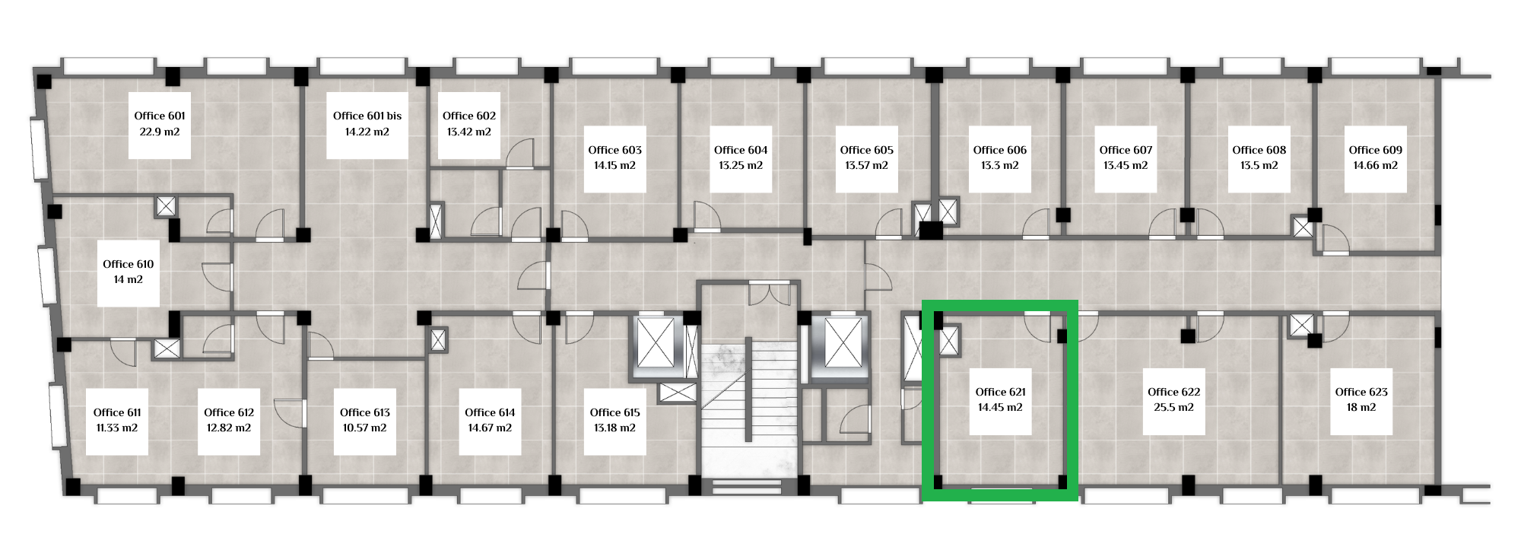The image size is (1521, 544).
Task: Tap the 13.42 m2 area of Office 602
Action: point(469,132)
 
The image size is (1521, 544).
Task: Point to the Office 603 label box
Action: point(614,158)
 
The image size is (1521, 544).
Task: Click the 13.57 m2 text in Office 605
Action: point(866,166)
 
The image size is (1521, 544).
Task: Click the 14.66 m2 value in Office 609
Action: point(1375,166)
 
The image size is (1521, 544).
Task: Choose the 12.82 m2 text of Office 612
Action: point(229,428)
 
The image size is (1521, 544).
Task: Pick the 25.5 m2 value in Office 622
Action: point(1174,408)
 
